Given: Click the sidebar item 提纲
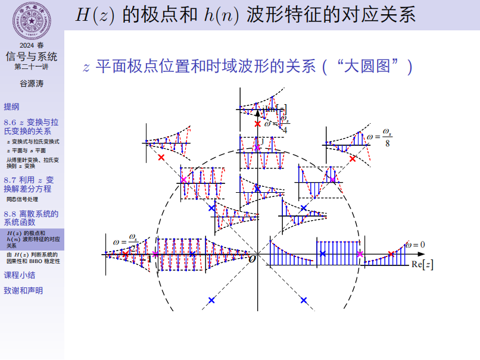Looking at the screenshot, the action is tap(11, 107).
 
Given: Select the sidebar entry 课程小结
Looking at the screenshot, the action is tap(19, 275).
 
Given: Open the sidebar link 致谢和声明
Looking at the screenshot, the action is tap(23, 290).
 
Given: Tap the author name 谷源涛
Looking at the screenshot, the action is tap(32, 84).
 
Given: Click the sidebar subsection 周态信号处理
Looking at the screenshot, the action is tap(22, 199).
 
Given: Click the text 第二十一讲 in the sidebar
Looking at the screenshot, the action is tap(32, 67).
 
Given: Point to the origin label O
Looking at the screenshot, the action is tap(252, 259).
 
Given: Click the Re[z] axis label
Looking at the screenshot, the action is tap(422, 265).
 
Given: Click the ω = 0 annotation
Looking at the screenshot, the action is tap(415, 245).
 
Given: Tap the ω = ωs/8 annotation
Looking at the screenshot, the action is tap(379, 137).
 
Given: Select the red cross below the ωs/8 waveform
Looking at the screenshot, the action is tap(353, 159).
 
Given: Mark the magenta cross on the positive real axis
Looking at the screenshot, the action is tap(360, 254).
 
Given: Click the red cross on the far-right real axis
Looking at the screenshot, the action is tap(391, 254).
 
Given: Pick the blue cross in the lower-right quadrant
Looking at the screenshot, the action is tap(304, 300).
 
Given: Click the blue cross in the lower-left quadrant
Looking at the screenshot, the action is tap(211, 300).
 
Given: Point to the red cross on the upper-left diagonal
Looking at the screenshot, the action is tap(161, 158).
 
